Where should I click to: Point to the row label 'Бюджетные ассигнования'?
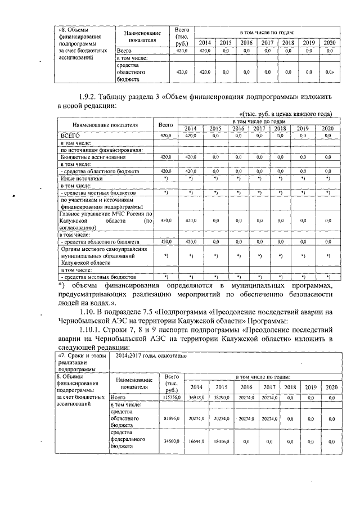click(92, 157)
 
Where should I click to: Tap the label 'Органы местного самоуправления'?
click(105, 249)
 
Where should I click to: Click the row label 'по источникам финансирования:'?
click(100, 150)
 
